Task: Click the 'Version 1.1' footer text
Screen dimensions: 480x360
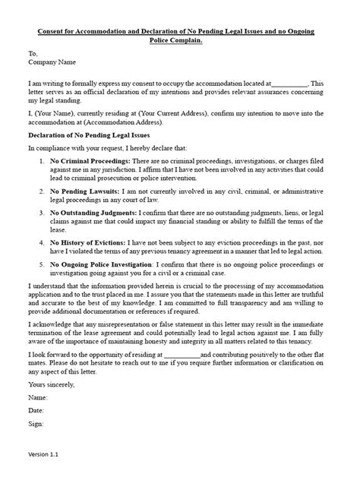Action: point(44,454)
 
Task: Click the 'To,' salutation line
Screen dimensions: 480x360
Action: point(32,55)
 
